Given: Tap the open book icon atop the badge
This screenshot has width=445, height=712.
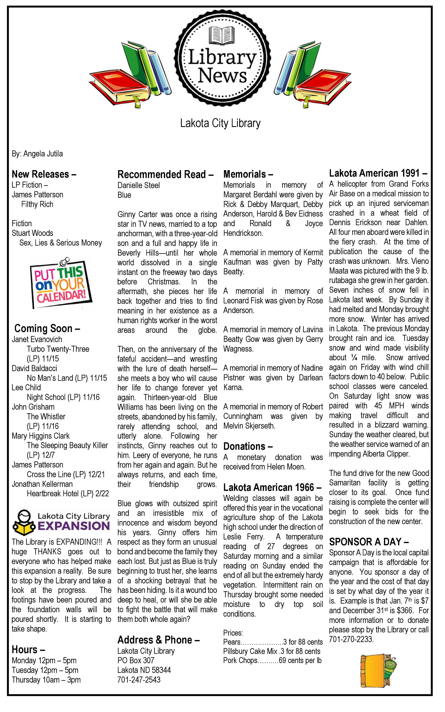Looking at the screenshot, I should click(x=220, y=35).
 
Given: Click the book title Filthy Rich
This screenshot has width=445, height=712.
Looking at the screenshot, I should click(x=37, y=204).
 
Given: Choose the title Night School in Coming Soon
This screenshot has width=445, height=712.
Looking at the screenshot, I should click(x=63, y=397).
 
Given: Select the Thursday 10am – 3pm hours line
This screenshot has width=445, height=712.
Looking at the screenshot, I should click(x=46, y=680).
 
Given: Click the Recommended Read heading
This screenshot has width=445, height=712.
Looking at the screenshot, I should click(x=165, y=175).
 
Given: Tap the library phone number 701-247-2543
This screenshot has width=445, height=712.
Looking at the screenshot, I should click(x=139, y=680).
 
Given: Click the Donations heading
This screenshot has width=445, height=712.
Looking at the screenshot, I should click(x=248, y=447).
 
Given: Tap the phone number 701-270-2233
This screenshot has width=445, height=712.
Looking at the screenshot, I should click(x=351, y=640).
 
